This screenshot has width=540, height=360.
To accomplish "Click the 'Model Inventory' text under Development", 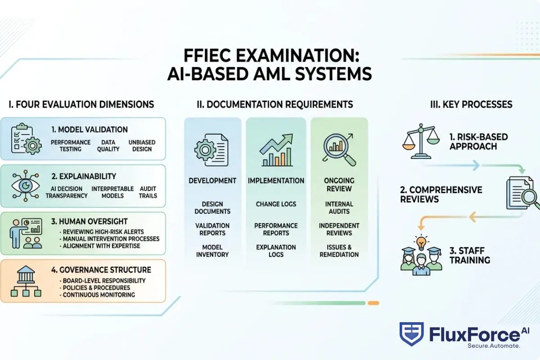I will coord(212,251).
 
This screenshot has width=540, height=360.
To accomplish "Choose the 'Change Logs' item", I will coord(276,204).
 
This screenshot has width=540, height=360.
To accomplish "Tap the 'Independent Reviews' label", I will coord(339,229).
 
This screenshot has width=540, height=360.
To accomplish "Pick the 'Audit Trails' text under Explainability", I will coord(148,192).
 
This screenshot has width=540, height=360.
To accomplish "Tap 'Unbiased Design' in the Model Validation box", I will coord(142,145).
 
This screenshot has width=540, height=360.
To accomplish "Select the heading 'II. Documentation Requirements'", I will coord(274,104).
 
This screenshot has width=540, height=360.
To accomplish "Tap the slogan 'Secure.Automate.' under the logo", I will coord(494,346).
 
